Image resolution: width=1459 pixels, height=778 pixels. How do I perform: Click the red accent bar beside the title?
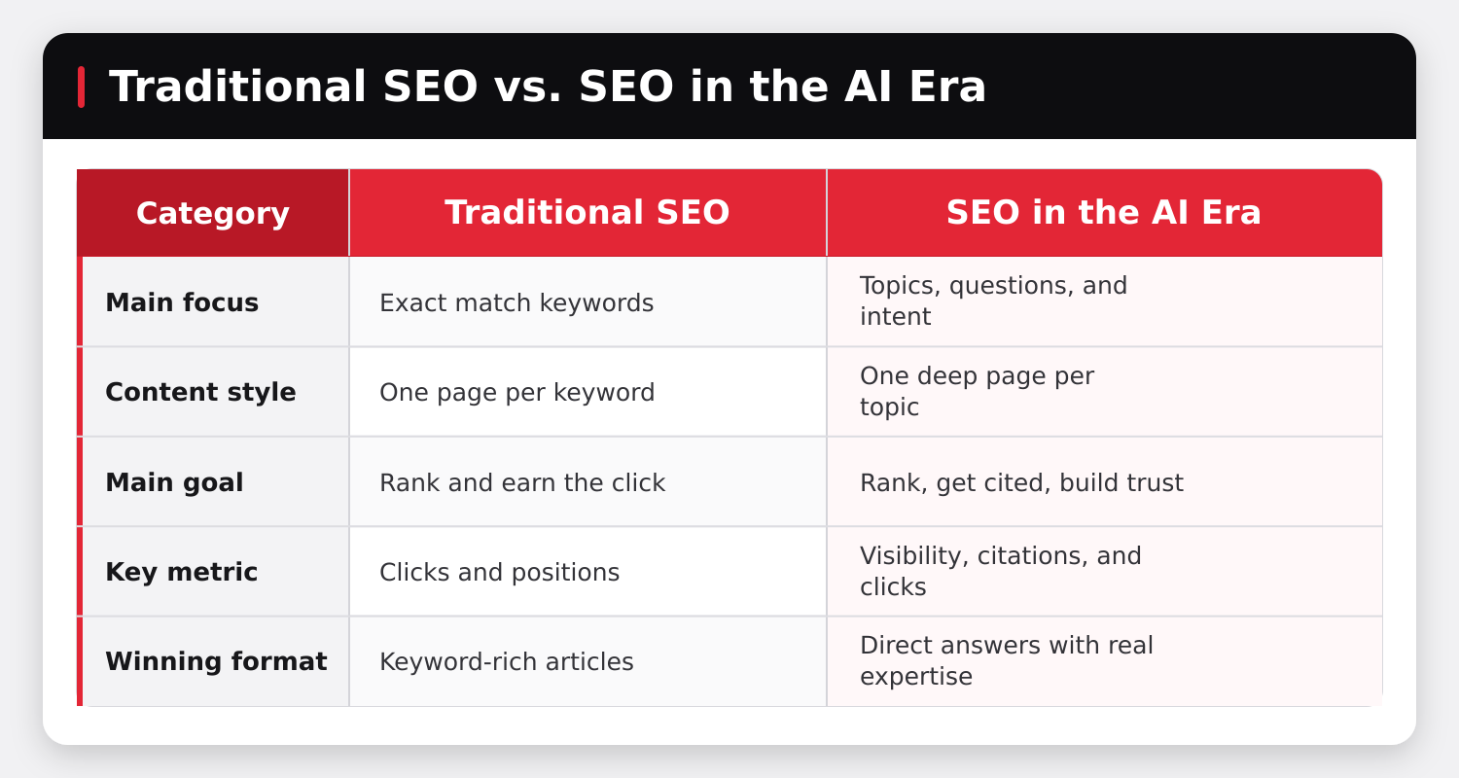tap(82, 87)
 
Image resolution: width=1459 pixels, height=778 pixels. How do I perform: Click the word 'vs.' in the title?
tap(527, 87)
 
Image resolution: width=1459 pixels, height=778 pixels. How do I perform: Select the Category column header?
tap(213, 213)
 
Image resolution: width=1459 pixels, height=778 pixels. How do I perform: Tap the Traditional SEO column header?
tap(587, 212)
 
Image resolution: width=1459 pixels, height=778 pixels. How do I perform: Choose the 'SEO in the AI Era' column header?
tap(1104, 212)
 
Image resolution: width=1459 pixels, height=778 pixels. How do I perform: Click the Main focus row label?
tap(182, 302)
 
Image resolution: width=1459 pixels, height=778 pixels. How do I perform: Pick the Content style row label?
tap(200, 392)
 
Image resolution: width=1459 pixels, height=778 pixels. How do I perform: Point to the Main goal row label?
tap(174, 482)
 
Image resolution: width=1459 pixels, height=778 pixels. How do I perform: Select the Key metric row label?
tap(182, 572)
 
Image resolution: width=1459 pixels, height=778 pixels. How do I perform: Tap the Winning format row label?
tap(216, 661)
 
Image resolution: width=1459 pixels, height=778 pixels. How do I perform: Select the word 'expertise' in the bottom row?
tap(916, 677)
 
